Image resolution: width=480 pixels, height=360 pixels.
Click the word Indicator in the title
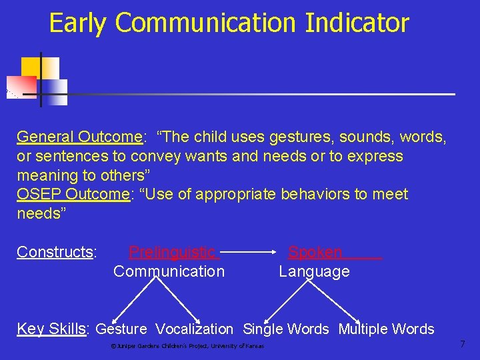[357, 23]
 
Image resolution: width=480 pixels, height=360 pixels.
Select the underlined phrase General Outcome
[79, 137]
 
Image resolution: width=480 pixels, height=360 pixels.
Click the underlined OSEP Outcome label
[72, 195]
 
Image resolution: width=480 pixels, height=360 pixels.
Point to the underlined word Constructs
[56, 252]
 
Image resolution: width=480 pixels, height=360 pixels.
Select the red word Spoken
[315, 252]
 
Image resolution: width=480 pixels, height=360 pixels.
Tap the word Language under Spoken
[314, 271]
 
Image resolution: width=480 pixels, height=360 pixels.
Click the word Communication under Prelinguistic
[169, 271]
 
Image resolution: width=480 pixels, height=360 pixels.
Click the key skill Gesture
[121, 329]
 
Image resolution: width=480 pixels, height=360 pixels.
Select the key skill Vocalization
[194, 329]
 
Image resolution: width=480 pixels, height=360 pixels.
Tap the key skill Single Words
[285, 329]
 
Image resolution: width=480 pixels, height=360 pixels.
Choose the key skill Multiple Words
[386, 329]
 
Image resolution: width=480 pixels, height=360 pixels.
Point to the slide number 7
[463, 345]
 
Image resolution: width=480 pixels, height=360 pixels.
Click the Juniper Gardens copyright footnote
[187, 346]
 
